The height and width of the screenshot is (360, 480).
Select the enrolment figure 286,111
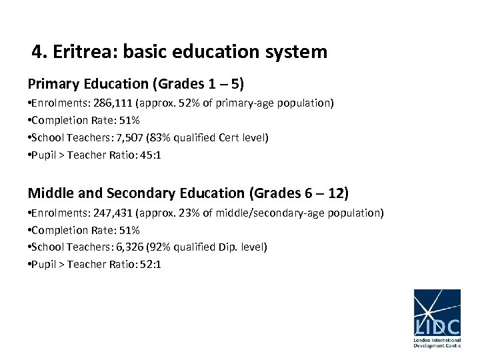(x=114, y=103)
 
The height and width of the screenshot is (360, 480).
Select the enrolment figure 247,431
(x=114, y=213)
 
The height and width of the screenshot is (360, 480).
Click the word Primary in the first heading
(x=52, y=84)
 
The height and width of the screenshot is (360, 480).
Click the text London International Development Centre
(x=437, y=343)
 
